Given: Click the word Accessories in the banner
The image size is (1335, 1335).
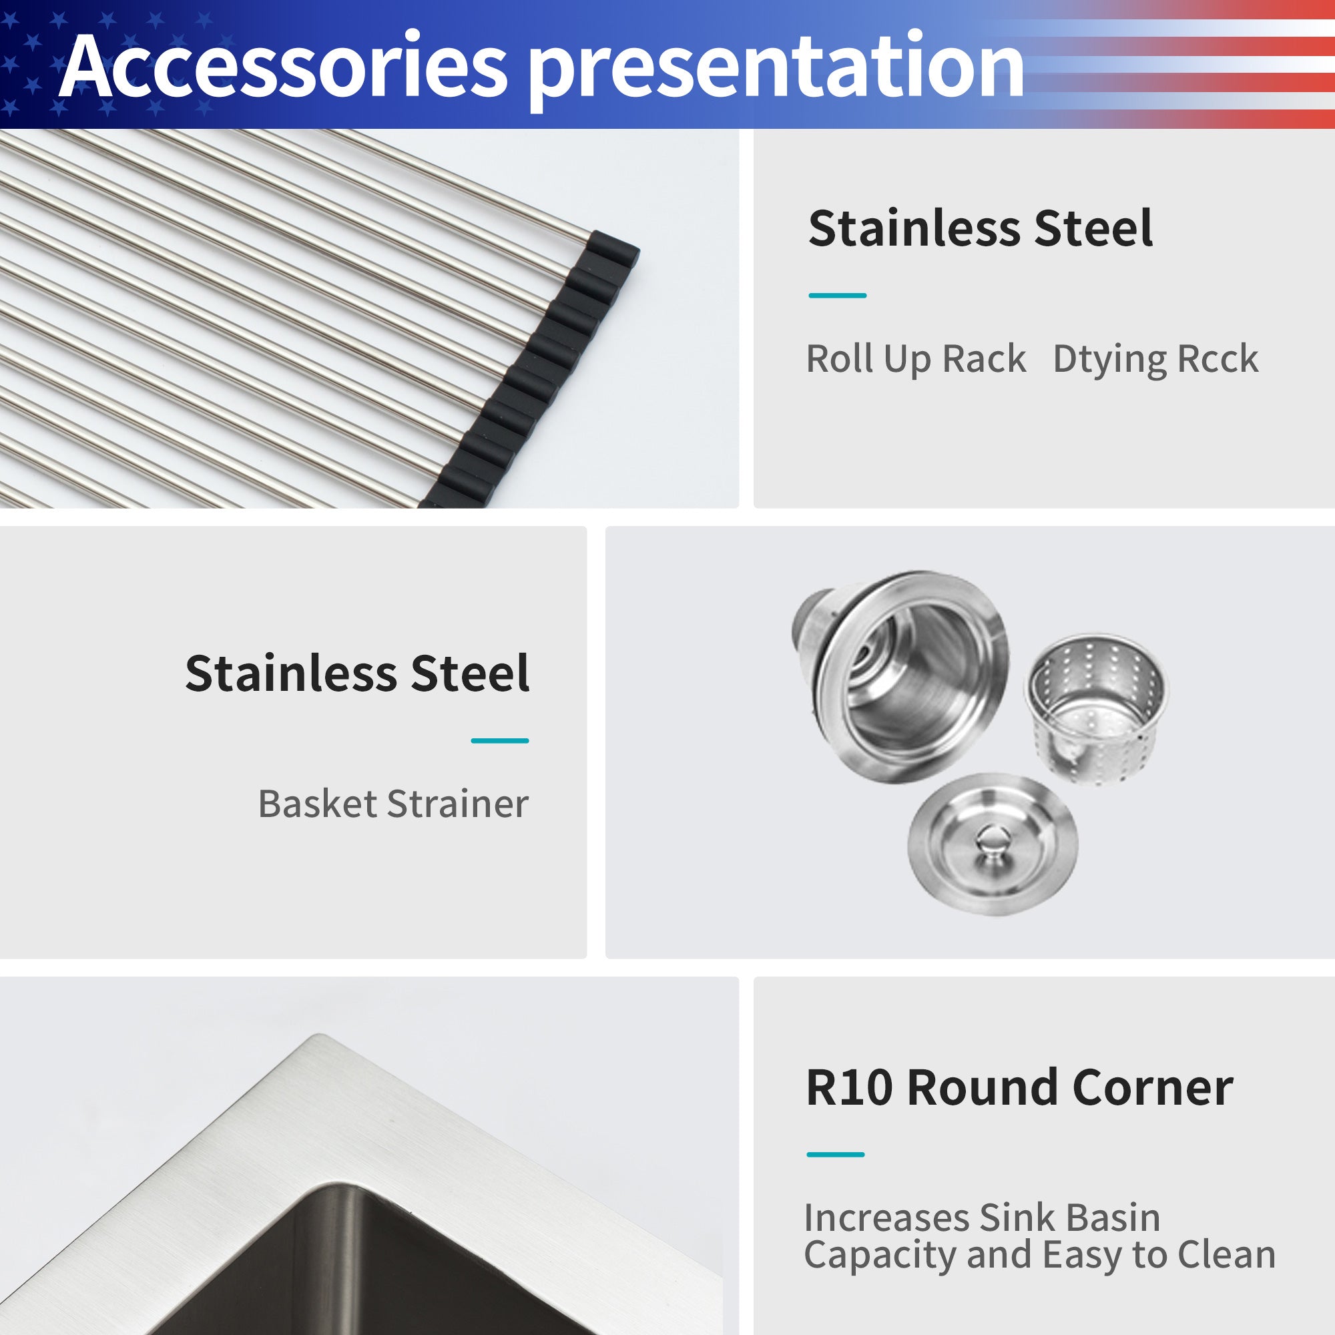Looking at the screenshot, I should coord(283,65).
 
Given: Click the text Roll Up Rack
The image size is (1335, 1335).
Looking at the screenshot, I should coord(916,359).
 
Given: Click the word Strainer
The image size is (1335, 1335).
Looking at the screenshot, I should coord(457,804).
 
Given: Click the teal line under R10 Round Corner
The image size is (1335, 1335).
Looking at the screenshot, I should coord(836,1154).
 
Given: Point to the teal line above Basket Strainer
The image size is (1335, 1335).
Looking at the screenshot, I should coord(499,741).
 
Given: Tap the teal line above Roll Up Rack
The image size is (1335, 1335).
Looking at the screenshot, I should coord(838,296).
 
